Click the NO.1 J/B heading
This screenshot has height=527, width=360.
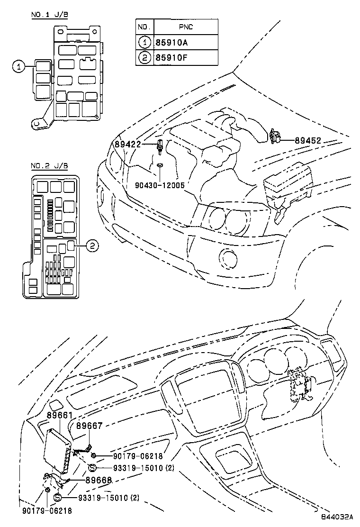coord(49,15)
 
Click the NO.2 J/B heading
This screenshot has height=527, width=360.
coord(49,166)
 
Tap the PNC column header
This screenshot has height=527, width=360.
coord(185,27)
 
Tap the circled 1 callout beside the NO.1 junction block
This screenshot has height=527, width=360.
coord(18,67)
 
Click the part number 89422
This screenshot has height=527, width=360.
coord(127,144)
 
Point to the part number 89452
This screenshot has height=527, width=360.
coord(308,140)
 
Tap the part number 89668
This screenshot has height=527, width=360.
coord(99,480)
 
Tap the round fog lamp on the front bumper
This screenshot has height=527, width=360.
coord(227,258)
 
